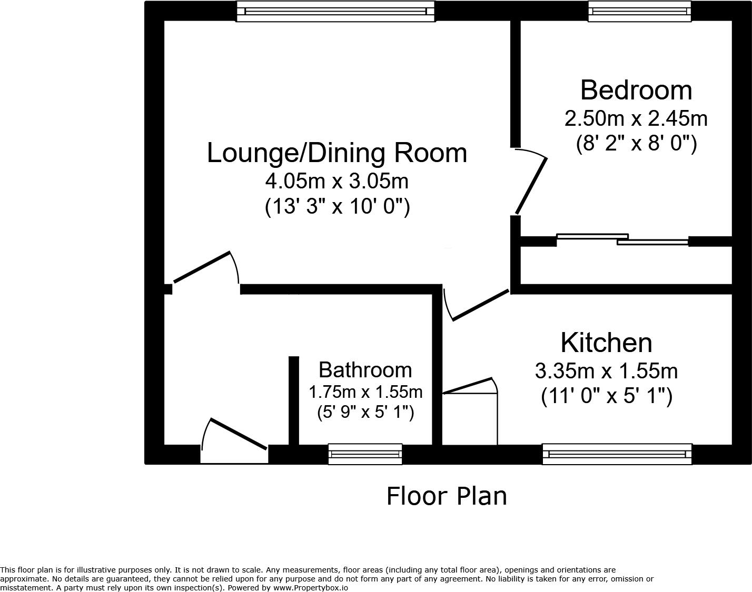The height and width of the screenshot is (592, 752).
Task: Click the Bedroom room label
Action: (636, 90)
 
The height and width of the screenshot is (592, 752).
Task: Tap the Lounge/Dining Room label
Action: (337, 153)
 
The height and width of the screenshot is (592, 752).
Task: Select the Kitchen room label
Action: (606, 343)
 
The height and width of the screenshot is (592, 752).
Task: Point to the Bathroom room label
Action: (365, 370)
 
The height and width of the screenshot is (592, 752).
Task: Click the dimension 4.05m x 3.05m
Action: (337, 182)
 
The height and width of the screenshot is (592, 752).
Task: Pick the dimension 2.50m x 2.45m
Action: (636, 118)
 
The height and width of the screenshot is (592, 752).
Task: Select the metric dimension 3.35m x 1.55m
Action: (606, 372)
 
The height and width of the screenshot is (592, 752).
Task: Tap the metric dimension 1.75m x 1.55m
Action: (365, 392)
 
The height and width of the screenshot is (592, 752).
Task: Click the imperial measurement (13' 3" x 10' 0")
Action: (337, 206)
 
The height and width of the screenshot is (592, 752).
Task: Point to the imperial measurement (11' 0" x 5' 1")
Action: (606, 396)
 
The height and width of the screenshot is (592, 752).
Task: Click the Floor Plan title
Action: (447, 496)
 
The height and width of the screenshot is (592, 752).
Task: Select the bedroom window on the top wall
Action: (639, 11)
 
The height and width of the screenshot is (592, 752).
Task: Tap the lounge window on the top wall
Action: (335, 11)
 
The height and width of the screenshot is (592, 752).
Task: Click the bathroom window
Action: (365, 454)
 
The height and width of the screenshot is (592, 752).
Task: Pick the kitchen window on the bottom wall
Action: (617, 454)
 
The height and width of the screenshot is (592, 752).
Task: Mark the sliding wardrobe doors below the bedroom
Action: (622, 239)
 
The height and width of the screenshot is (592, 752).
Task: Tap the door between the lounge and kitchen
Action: (480, 305)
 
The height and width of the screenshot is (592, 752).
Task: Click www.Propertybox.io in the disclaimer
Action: (310, 588)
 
